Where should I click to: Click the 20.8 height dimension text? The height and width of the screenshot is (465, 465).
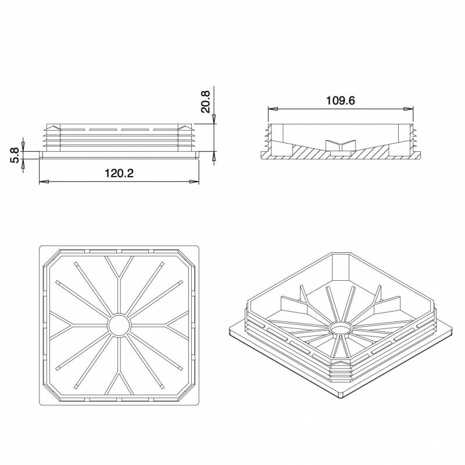(x=205, y=101)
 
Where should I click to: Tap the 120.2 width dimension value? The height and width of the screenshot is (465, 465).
(x=119, y=173)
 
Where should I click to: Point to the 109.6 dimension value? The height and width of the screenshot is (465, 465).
(x=340, y=100)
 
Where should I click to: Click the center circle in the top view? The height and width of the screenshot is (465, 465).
(x=119, y=325)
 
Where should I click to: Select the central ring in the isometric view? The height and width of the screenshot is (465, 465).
(x=341, y=330)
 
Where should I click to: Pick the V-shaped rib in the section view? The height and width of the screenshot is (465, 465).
(x=341, y=144)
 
